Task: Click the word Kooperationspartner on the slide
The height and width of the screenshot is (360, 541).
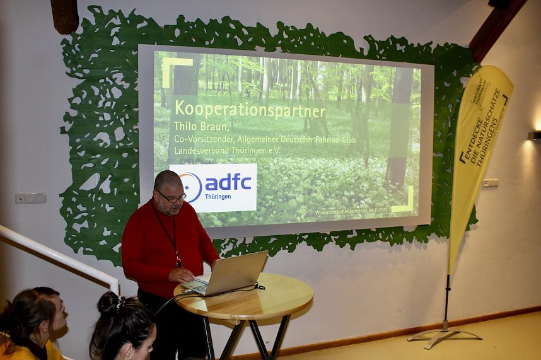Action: coord(250,110)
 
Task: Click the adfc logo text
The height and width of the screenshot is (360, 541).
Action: coord(228,182)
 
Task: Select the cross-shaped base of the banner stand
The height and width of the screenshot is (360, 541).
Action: coord(444,334)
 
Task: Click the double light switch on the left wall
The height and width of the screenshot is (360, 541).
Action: coord(30,198)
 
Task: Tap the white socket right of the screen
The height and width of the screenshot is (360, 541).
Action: coord(491,183)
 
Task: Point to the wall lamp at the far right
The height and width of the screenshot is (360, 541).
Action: coord(534,135)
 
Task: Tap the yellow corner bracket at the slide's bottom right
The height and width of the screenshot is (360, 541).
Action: coord(404,202)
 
